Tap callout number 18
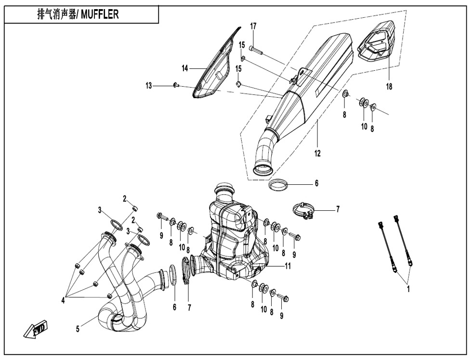[x=389, y=87]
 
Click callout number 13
[x=149, y=86]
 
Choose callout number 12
[x=318, y=154]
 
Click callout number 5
[x=78, y=329]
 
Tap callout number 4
[x=63, y=300]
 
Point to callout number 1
[x=408, y=289]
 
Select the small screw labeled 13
[x=176, y=85]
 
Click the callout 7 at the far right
[x=338, y=210]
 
